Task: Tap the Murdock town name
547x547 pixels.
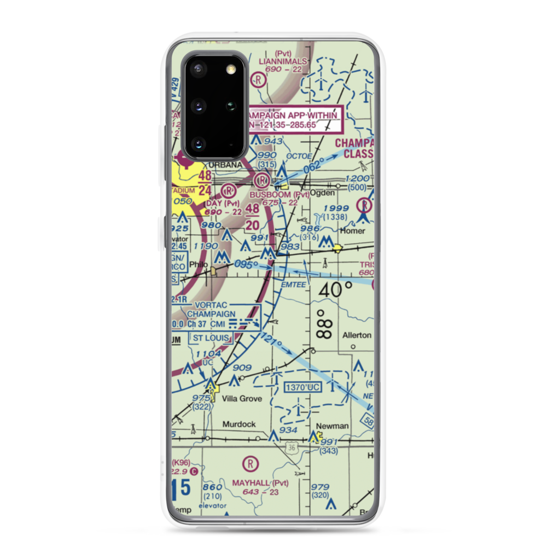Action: click(238, 424)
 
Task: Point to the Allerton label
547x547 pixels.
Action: click(357, 335)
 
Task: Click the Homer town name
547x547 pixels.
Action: click(352, 230)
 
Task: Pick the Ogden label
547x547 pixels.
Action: click(322, 193)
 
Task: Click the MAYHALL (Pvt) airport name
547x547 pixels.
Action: click(260, 483)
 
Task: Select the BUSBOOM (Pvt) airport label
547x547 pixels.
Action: click(279, 194)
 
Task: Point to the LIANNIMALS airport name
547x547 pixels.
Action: click(283, 61)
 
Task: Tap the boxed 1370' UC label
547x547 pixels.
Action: click(301, 387)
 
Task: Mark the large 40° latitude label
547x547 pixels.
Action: click(335, 289)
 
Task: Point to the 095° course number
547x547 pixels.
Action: click(246, 265)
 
